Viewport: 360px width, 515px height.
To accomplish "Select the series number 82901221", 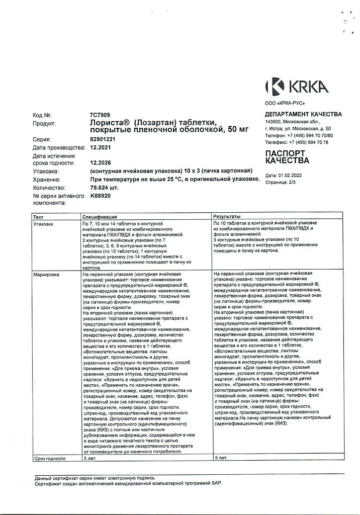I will tap(102, 139).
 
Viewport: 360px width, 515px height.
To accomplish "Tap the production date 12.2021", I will tap(100, 148).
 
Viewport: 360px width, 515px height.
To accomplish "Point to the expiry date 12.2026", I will tap(100, 163).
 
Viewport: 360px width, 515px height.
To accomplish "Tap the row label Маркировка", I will tap(46, 275).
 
